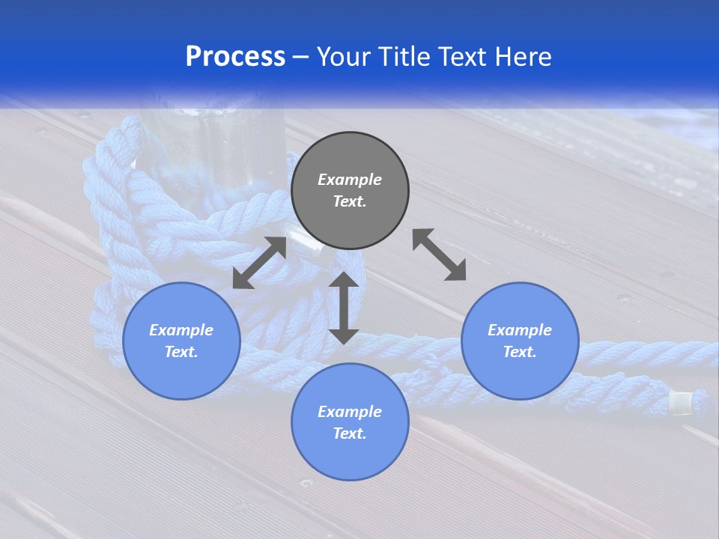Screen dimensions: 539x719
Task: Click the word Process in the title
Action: [x=235, y=57]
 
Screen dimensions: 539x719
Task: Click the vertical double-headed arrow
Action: [x=344, y=308]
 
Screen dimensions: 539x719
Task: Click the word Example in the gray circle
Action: [x=350, y=180]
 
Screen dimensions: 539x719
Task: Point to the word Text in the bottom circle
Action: [x=350, y=433]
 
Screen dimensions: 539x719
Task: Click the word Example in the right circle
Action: [x=520, y=330]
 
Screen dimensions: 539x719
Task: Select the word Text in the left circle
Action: [x=181, y=352]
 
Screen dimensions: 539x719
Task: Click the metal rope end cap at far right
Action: [x=680, y=404]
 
